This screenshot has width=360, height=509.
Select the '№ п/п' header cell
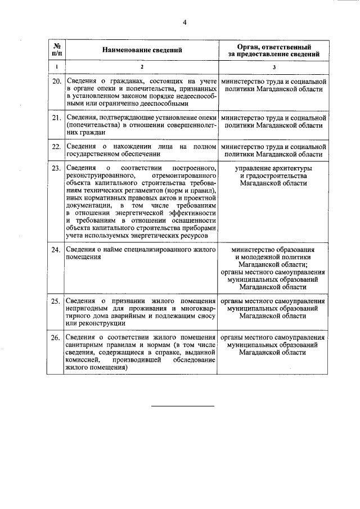pos(56,50)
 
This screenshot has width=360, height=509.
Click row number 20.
pos(56,82)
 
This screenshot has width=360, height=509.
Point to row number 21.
pos(56,118)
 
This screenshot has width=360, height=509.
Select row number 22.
pos(56,147)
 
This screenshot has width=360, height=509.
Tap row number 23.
pos(56,169)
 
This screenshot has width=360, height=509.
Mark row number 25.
pos(56,301)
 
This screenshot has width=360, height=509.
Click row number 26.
pos(56,337)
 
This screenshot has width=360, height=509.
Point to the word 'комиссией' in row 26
pos(82,360)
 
